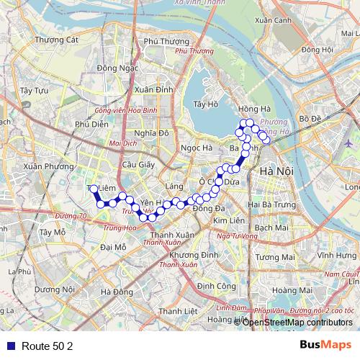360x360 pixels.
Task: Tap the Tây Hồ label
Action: pyautogui.click(x=206, y=104)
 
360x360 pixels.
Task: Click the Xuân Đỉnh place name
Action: pyautogui.click(x=153, y=89)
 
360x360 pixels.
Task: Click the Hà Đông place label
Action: pyautogui.click(x=117, y=292)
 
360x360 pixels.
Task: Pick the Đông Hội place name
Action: pyautogui.click(x=318, y=50)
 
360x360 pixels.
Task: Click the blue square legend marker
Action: pyautogui.click(x=8, y=346)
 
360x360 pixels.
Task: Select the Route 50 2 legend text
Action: pyautogui.click(x=48, y=346)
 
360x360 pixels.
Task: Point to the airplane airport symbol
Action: pyautogui.click(x=349, y=142)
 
